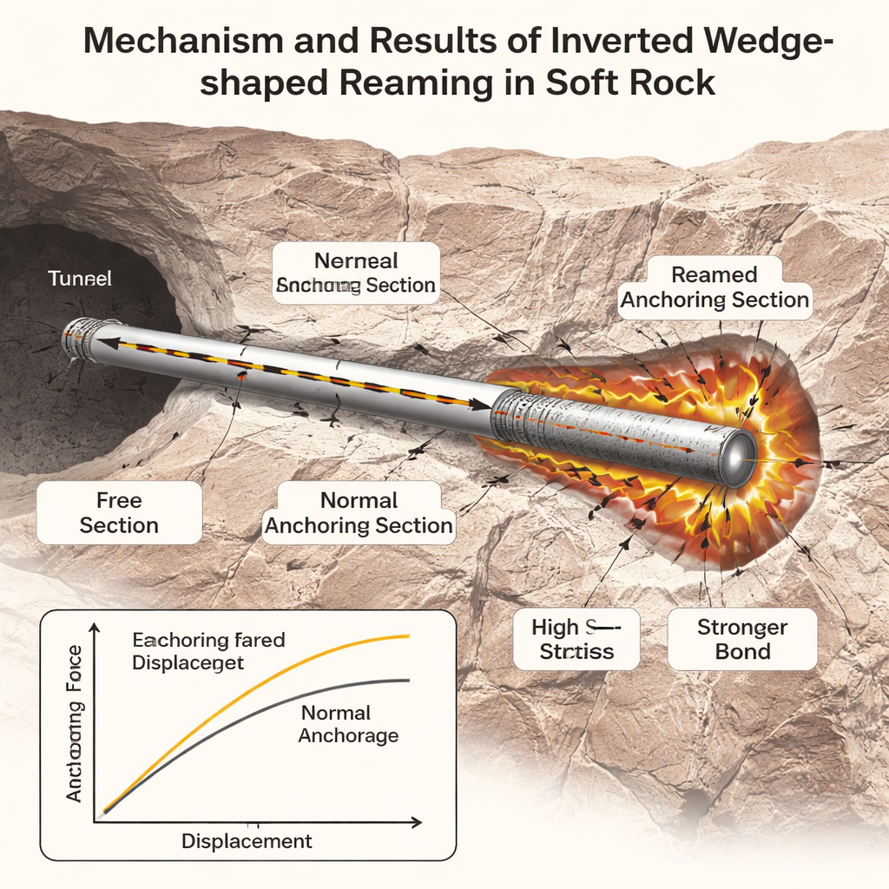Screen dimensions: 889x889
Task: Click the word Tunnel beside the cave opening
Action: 80,279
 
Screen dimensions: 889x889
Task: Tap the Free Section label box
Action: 119,513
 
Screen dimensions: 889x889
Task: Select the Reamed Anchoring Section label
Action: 714,288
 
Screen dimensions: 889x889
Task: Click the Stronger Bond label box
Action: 742,639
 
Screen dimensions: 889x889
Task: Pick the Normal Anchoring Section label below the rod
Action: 359,513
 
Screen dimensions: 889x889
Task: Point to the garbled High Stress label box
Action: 576,639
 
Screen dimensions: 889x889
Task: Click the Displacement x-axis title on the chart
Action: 247,841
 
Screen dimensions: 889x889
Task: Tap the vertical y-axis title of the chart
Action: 75,724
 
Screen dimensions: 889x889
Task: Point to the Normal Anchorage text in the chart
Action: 348,724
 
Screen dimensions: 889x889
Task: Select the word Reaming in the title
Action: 406,82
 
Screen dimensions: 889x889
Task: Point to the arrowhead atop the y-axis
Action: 95,629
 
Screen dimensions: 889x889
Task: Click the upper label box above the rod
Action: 356,273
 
